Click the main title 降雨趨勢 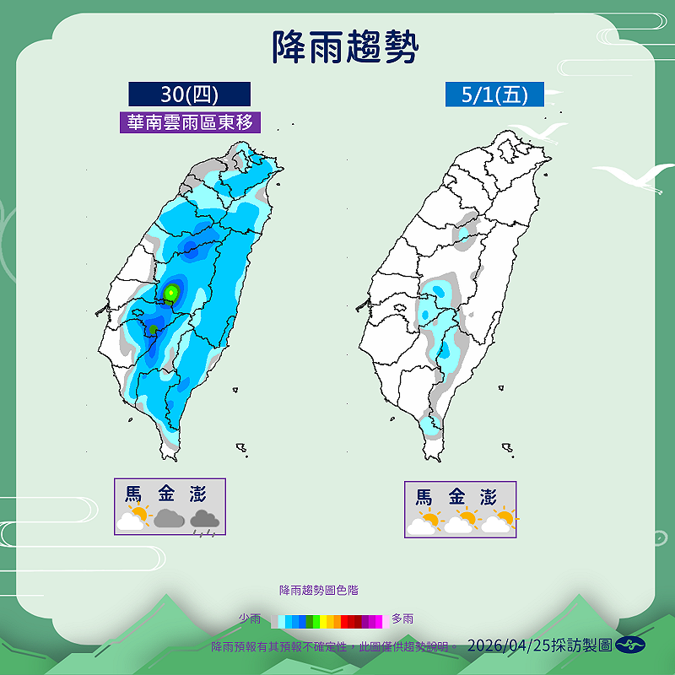tap(345, 48)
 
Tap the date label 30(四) tap(190, 94)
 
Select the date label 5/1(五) tap(494, 94)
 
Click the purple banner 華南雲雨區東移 tap(190, 121)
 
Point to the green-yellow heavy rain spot tap(172, 292)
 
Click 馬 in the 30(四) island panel tap(133, 493)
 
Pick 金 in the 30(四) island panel tap(165, 493)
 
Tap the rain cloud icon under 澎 tap(204, 521)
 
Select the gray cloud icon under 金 tap(169, 518)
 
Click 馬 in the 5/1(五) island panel tap(424, 496)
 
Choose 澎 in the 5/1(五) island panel tap(488, 496)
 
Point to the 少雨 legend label tap(249, 618)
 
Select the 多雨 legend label tap(402, 618)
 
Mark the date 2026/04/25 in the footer tap(505, 645)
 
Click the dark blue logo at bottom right tap(630, 645)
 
